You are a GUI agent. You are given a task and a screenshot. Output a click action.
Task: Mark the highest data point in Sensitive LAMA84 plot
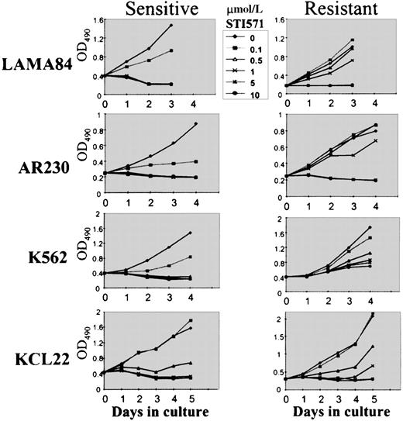tap(170, 26)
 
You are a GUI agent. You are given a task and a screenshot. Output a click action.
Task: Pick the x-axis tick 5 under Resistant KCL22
tap(374, 400)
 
